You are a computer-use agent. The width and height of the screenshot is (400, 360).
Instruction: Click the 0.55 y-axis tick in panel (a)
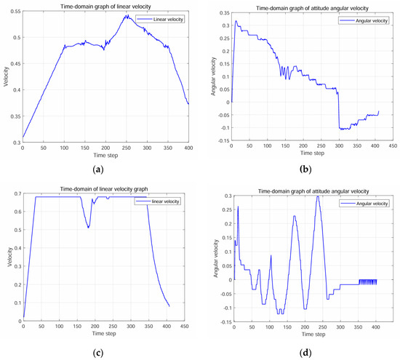pos(15,14)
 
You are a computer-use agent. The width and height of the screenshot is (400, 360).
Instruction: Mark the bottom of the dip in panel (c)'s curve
pos(89,228)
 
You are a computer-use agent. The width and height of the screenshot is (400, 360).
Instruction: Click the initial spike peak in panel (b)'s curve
pos(235,22)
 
